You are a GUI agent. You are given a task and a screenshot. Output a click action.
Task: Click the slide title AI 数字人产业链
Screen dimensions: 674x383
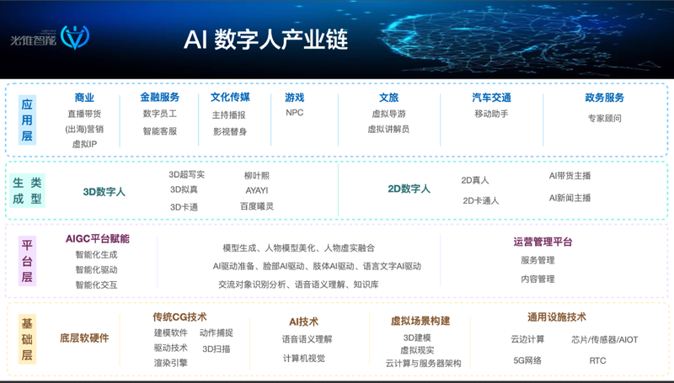pyautogui.click(x=265, y=40)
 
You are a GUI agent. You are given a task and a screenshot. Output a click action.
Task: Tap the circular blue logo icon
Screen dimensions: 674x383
pyautogui.click(x=75, y=37)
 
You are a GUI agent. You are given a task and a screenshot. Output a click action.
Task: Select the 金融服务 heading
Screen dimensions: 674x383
pyautogui.click(x=159, y=98)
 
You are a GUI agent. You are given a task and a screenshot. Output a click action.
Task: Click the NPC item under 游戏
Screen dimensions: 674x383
pyautogui.click(x=294, y=113)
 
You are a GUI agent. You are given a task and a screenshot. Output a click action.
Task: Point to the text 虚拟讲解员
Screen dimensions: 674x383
pyautogui.click(x=388, y=130)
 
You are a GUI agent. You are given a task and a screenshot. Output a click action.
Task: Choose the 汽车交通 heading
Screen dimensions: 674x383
pyautogui.click(x=491, y=98)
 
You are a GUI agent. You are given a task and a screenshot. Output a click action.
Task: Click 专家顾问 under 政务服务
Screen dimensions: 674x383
pyautogui.click(x=604, y=118)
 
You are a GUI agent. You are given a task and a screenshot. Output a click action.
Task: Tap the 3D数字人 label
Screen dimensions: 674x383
pyautogui.click(x=104, y=192)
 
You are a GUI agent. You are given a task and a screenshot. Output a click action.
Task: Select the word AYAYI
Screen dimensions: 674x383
pyautogui.click(x=257, y=190)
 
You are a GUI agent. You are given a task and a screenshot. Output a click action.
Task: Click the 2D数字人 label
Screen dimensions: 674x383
pyautogui.click(x=409, y=189)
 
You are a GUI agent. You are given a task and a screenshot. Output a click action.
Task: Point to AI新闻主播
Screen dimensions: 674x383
pyautogui.click(x=570, y=198)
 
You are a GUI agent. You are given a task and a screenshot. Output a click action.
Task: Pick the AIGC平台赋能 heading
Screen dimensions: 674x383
pyautogui.click(x=98, y=239)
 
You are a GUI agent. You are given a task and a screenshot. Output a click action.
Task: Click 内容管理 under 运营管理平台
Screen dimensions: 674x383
pyautogui.click(x=538, y=279)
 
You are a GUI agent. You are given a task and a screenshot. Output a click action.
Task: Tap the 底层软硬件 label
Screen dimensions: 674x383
pyautogui.click(x=84, y=338)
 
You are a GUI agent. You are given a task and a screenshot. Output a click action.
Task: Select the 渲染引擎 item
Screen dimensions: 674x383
pyautogui.click(x=171, y=363)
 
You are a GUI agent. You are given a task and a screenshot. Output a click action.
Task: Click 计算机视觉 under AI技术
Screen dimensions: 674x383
pyautogui.click(x=304, y=358)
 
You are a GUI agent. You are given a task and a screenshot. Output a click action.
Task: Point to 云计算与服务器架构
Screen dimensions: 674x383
pyautogui.click(x=423, y=364)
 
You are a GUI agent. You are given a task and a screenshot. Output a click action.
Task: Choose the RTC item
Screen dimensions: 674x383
pyautogui.click(x=597, y=360)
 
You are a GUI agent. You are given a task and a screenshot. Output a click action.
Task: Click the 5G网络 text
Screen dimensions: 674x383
pyautogui.click(x=527, y=360)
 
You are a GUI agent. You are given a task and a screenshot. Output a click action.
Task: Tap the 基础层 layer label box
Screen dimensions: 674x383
pyautogui.click(x=27, y=339)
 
